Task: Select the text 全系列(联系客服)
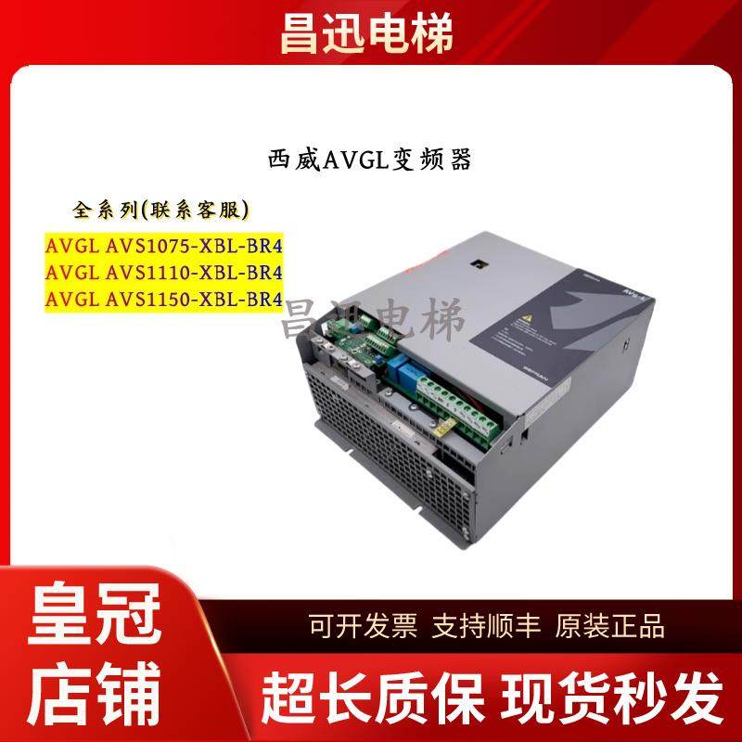click(x=162, y=210)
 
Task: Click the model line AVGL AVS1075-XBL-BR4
click(x=163, y=247)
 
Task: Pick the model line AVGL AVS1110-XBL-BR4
click(x=163, y=273)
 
